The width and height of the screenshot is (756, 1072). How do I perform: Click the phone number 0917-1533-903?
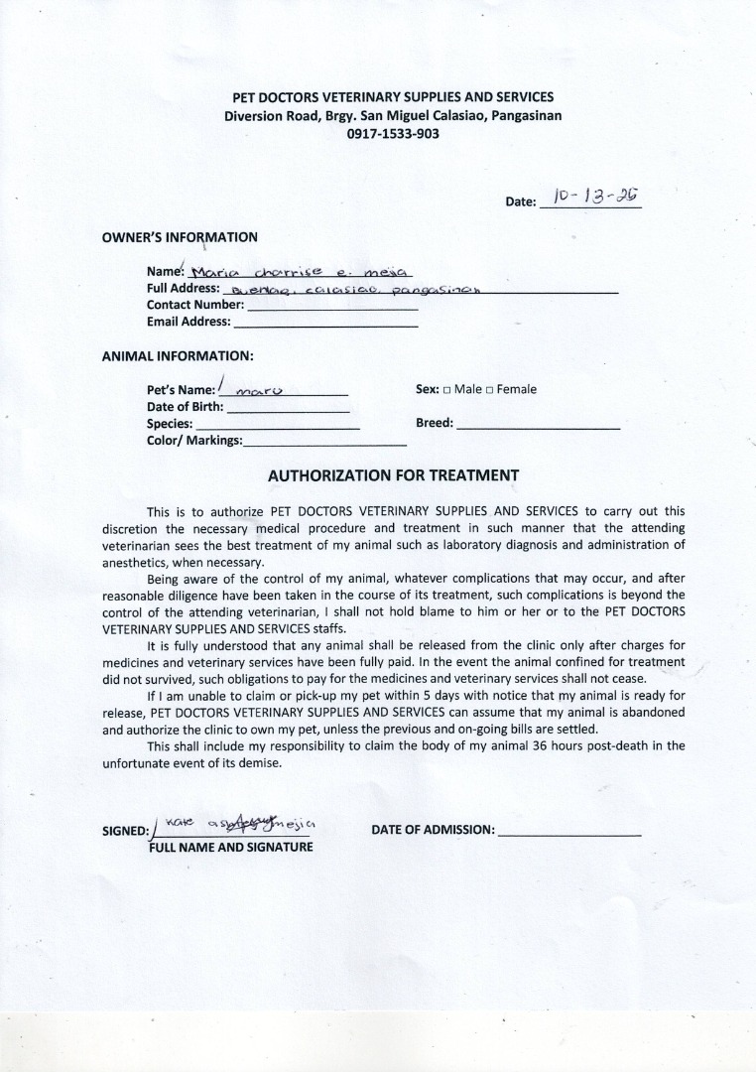(393, 133)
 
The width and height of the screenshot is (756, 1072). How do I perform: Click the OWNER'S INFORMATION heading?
(180, 237)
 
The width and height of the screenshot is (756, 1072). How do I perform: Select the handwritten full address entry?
(353, 290)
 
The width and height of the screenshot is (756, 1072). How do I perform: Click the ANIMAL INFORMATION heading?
(178, 355)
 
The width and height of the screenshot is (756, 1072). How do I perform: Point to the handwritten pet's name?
(262, 390)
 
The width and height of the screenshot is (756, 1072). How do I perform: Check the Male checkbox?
(447, 390)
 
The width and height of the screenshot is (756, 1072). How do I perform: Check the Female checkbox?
(490, 390)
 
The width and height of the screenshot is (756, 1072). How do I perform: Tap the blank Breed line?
(538, 424)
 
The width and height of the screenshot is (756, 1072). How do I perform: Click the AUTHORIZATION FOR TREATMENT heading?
(393, 475)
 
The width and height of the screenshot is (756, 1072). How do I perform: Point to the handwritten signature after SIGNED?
(240, 824)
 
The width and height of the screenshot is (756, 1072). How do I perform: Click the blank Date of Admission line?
(569, 831)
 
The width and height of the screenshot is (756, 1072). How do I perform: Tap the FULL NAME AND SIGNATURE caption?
(230, 847)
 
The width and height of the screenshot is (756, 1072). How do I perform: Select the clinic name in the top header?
(393, 97)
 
